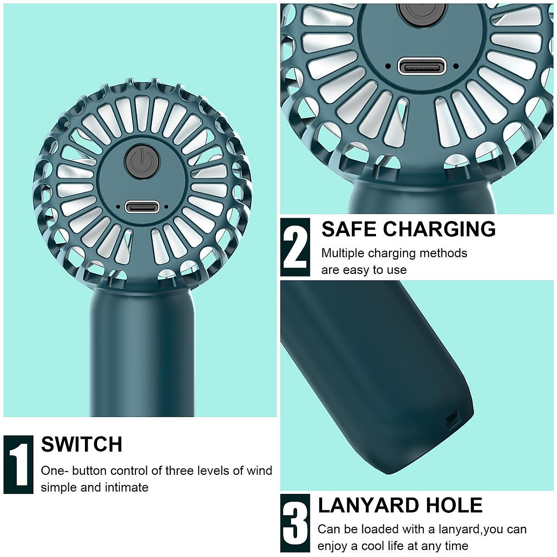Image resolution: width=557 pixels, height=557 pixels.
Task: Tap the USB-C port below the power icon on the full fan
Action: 142,207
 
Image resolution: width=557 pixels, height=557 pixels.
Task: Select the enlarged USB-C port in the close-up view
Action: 422,66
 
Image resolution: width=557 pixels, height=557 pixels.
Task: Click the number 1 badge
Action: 19,465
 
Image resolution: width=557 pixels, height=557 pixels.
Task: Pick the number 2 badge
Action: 295,247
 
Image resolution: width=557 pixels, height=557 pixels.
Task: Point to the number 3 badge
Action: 295,523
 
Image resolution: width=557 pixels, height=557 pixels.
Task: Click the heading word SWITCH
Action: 82,445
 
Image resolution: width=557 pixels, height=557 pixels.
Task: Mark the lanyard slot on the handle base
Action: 451,420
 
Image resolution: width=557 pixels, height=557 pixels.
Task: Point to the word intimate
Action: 127,487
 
